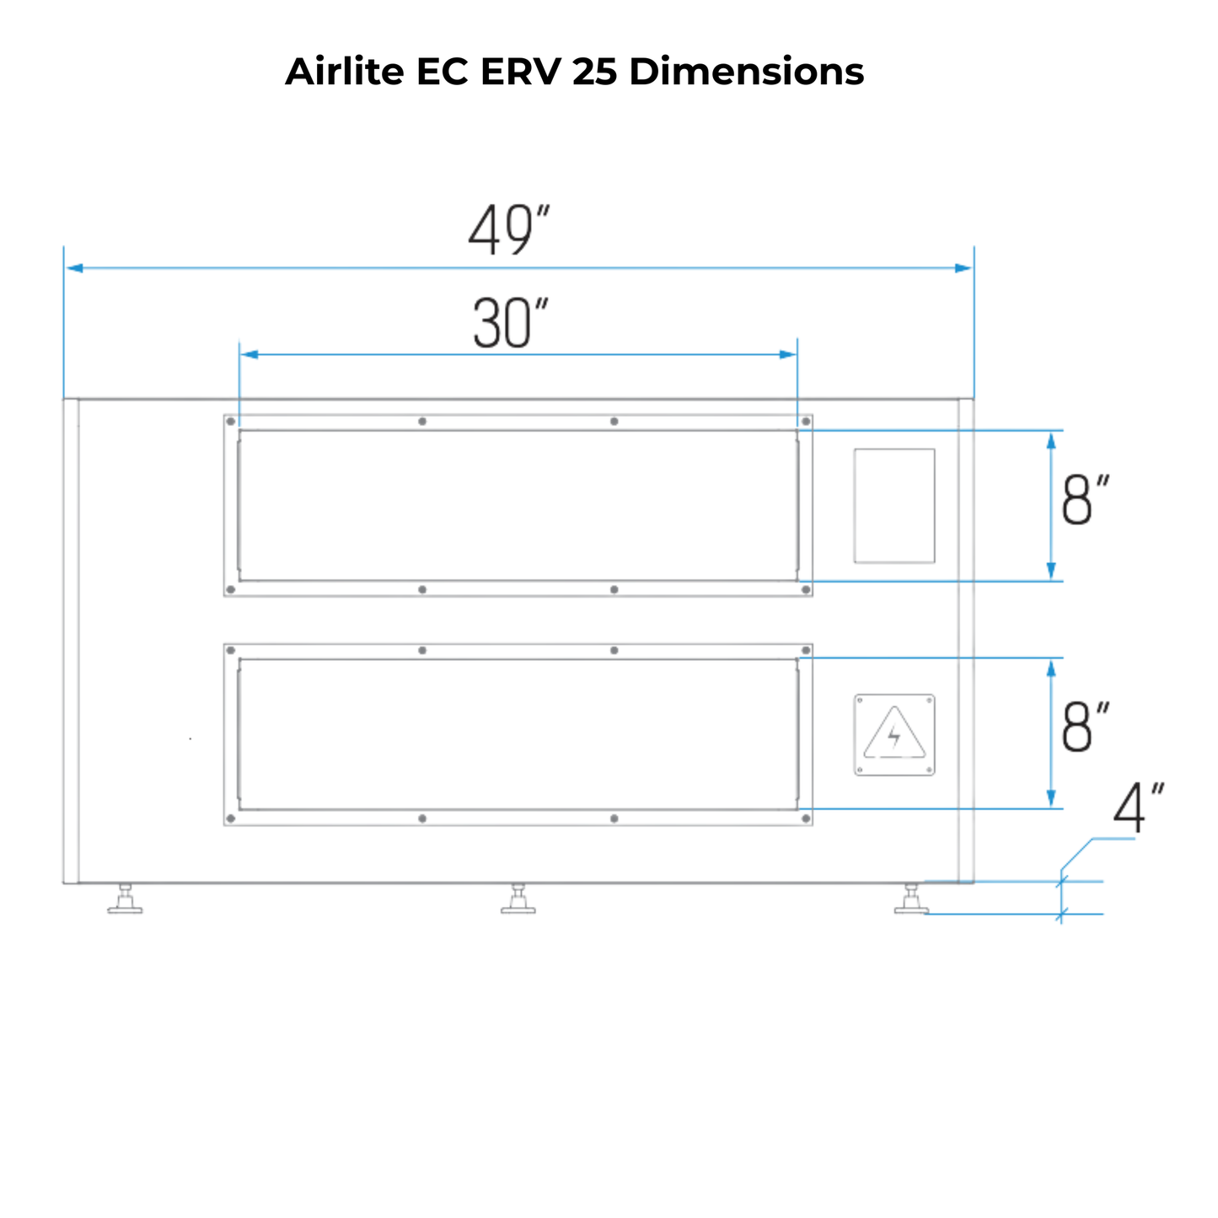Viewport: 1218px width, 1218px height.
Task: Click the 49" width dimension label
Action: click(508, 229)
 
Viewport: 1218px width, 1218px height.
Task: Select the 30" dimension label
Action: click(510, 324)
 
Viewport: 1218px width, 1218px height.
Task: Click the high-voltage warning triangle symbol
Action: click(894, 734)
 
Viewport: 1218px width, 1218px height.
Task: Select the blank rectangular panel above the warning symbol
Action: click(894, 506)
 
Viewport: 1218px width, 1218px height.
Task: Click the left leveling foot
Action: click(125, 900)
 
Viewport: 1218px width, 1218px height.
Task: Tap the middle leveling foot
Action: click(518, 900)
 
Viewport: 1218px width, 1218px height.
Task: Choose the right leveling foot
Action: click(911, 900)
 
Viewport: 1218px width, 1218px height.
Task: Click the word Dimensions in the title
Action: click(746, 72)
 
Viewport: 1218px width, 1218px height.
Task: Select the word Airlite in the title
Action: click(345, 72)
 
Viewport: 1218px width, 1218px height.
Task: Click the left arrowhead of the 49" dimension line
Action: click(74, 268)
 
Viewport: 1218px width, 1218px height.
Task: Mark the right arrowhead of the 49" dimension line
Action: click(963, 268)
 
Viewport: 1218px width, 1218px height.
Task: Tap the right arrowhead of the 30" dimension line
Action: click(788, 355)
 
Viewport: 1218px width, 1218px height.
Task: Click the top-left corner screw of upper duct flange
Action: click(231, 421)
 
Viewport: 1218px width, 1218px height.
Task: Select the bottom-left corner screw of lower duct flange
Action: click(231, 818)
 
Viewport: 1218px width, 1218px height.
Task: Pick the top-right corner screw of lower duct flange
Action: click(806, 651)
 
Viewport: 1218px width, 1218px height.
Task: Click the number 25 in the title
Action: click(595, 72)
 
